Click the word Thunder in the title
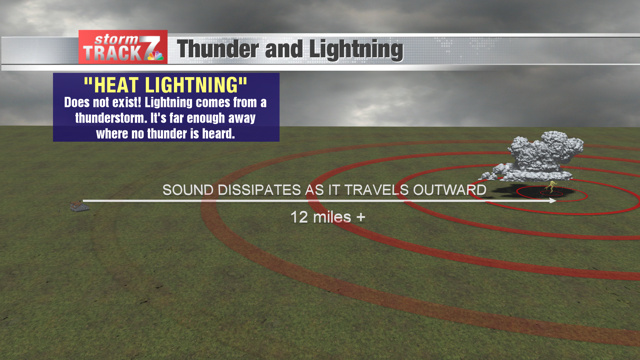(x=214, y=48)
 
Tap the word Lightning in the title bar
(x=350, y=48)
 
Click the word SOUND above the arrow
(x=187, y=189)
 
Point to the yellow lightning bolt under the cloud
(x=549, y=187)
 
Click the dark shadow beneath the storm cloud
(x=540, y=190)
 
